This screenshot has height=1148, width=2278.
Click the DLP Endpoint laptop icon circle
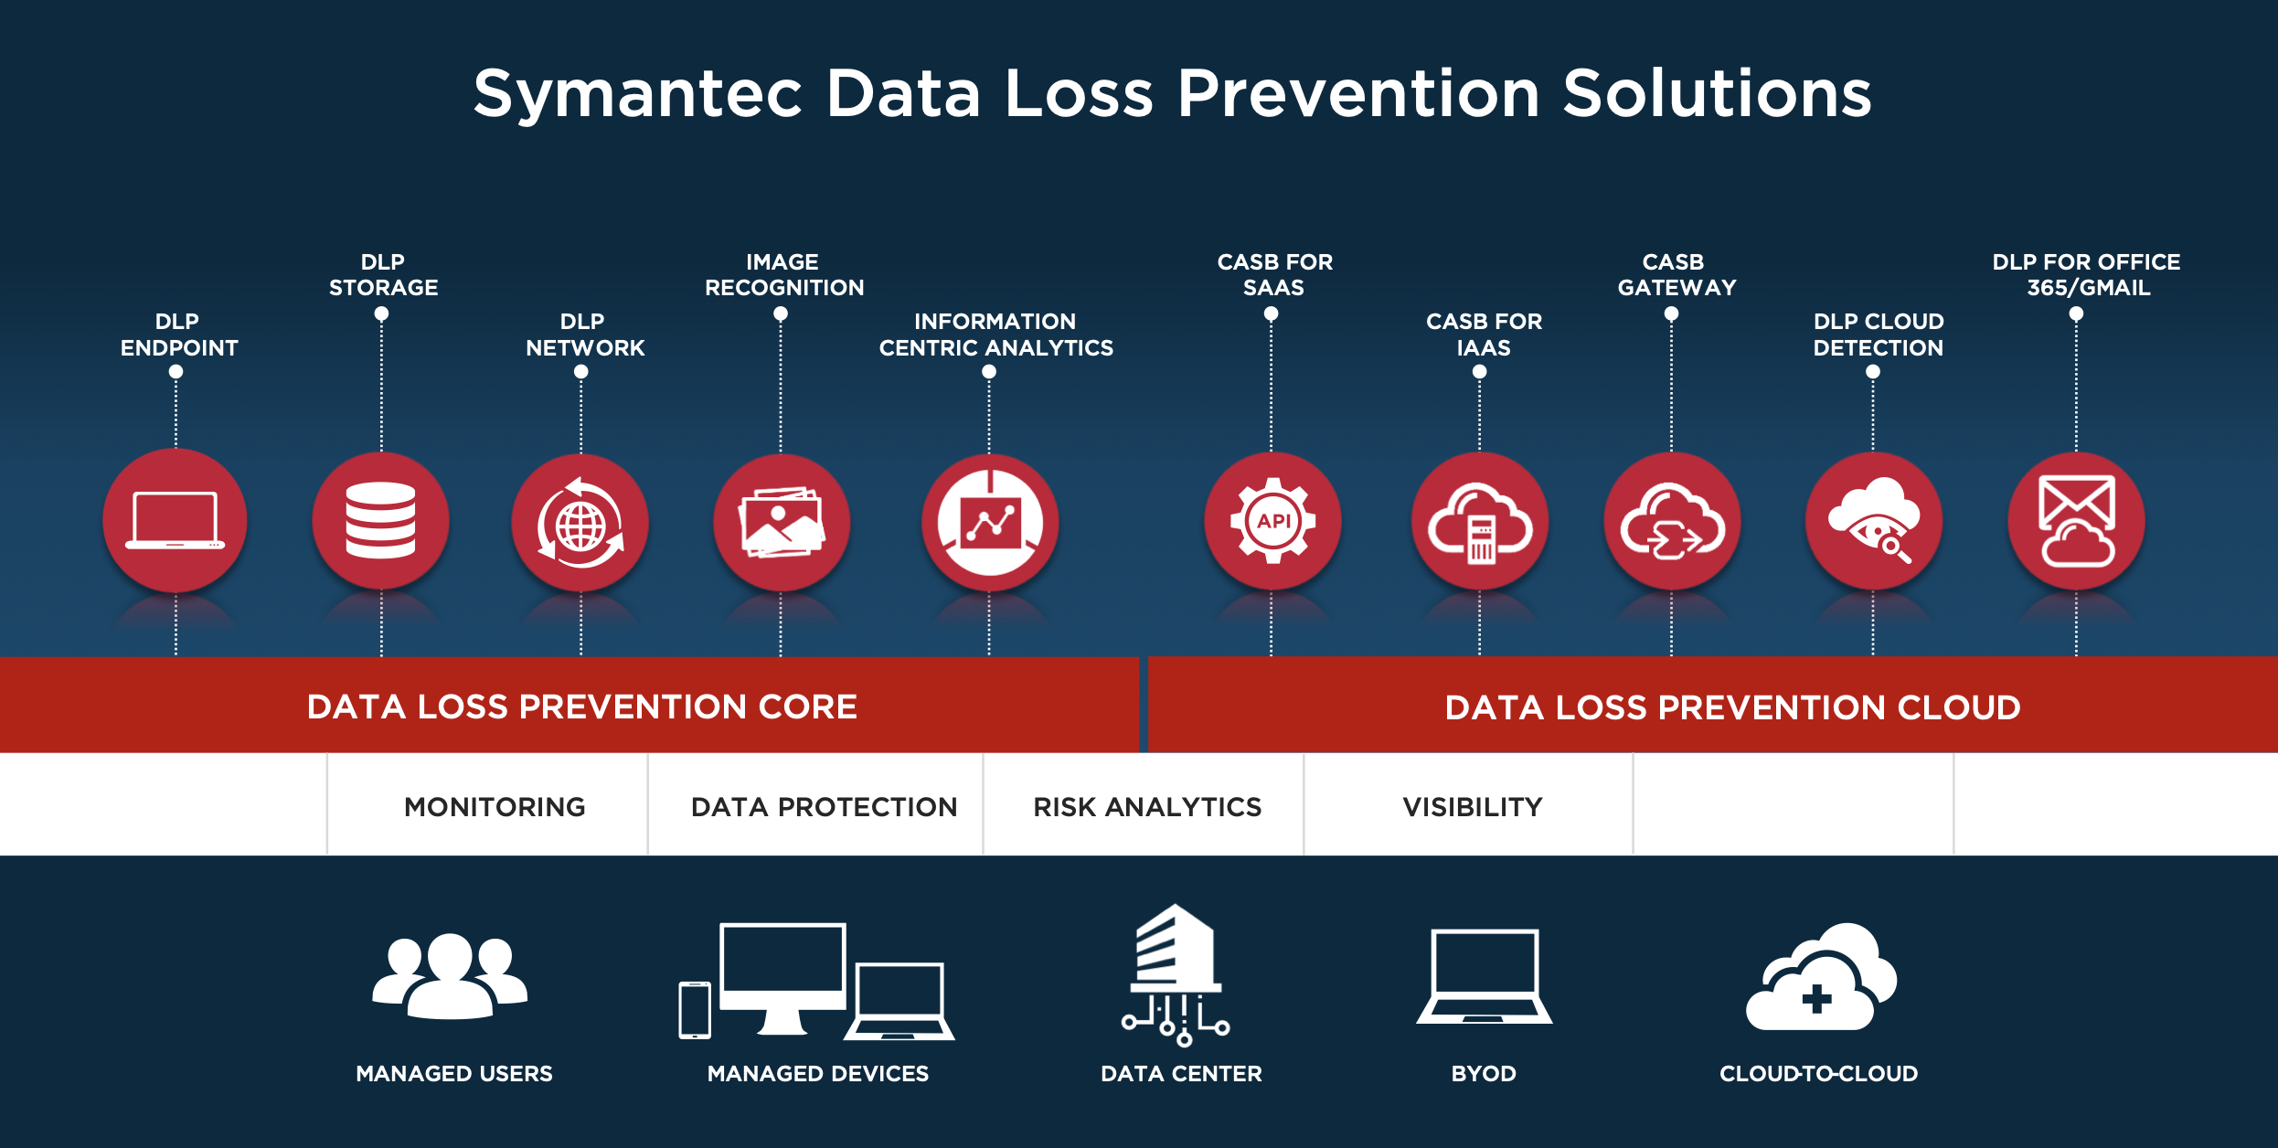[175, 521]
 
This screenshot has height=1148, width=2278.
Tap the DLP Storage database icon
[381, 520]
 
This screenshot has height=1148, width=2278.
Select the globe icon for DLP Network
[580, 526]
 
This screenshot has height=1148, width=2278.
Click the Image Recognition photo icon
[782, 522]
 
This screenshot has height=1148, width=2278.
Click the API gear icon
[1273, 521]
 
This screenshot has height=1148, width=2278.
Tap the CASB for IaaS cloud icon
[1480, 525]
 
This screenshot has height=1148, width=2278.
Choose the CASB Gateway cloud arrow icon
[1673, 522]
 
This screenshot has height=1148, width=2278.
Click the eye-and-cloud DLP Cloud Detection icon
[1874, 520]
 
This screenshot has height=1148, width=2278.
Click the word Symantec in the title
[637, 95]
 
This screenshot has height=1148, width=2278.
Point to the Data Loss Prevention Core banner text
[582, 707]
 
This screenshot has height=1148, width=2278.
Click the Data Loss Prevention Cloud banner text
[1732, 707]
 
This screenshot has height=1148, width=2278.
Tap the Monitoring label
[495, 807]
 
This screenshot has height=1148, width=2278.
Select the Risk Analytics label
[1147, 807]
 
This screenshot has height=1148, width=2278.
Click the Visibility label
[1473, 807]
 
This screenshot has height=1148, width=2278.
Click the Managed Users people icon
[450, 976]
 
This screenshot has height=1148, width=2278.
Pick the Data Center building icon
[1176, 974]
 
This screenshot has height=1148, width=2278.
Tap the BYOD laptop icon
[1485, 976]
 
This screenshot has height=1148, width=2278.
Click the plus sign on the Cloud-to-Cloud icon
[1816, 999]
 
